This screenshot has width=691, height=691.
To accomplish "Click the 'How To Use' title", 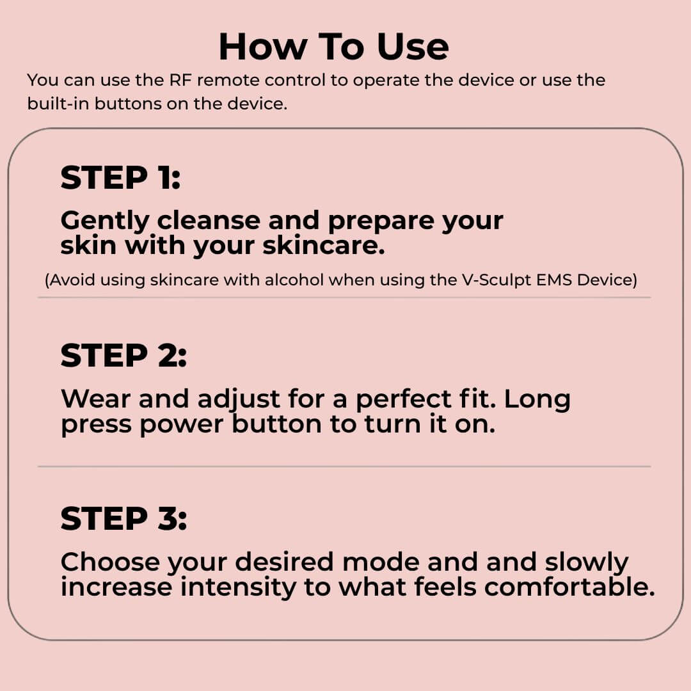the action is pyautogui.click(x=333, y=46).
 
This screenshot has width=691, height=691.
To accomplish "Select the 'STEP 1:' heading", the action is pyautogui.click(x=120, y=178).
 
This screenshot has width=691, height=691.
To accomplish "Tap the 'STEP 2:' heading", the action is pyautogui.click(x=123, y=355).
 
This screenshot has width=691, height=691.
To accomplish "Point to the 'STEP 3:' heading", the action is pyautogui.click(x=123, y=518).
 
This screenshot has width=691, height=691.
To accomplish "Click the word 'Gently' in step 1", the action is pyautogui.click(x=105, y=221).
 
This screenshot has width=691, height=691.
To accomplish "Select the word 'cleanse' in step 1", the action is pyautogui.click(x=209, y=220).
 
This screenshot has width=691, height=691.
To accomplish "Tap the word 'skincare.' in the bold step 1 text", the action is pyautogui.click(x=324, y=245).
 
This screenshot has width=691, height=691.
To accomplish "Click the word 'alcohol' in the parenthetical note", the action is pyautogui.click(x=294, y=280).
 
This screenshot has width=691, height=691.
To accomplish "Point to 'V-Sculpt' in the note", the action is pyautogui.click(x=496, y=280).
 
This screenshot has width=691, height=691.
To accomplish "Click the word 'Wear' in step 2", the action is pyautogui.click(x=95, y=399).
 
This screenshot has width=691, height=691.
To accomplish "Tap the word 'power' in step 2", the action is pyautogui.click(x=182, y=426).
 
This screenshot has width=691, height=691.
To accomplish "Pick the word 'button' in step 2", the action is pyautogui.click(x=277, y=424).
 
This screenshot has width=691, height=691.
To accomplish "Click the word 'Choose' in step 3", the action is pyautogui.click(x=110, y=562).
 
